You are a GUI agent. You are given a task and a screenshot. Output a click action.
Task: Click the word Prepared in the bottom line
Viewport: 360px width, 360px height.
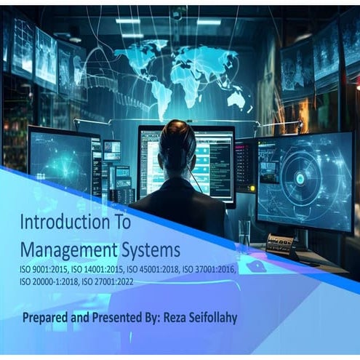coord(47,319)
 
